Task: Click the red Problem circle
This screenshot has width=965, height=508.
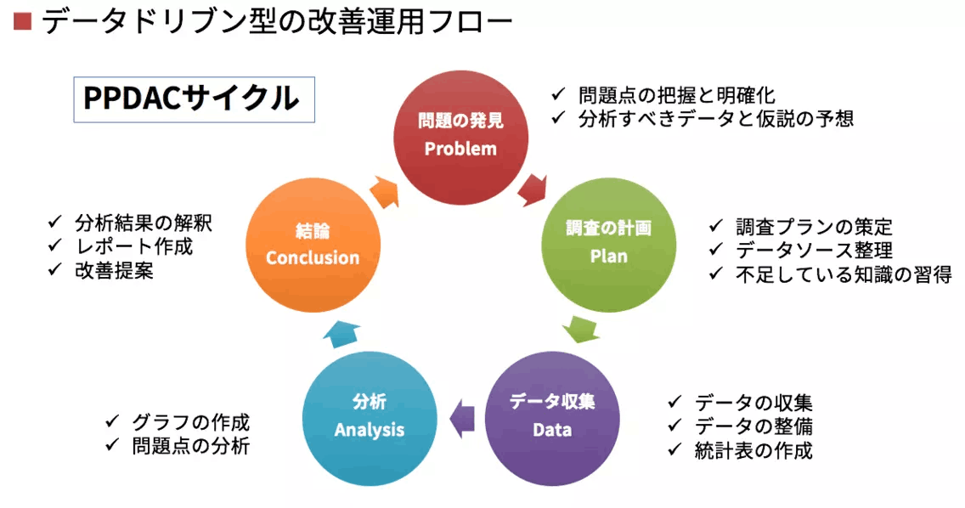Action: [x=461, y=138]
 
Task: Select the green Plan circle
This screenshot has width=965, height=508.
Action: [x=609, y=245]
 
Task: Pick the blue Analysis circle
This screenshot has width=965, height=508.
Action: [x=370, y=419]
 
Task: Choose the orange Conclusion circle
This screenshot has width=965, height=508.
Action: [x=313, y=245]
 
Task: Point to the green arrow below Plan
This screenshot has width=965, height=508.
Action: [x=581, y=330]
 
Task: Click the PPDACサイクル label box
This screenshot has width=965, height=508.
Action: [x=194, y=99]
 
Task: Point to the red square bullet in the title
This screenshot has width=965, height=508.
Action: [x=22, y=22]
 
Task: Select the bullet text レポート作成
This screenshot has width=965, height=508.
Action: [x=133, y=247]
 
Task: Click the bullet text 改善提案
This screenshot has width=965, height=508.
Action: [x=114, y=271]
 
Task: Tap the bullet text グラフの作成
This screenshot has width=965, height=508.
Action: [x=191, y=422]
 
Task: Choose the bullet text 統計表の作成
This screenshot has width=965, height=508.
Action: [x=753, y=451]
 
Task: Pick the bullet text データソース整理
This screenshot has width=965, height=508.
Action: [x=814, y=251]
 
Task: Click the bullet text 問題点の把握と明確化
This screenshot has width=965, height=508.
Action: [x=676, y=95]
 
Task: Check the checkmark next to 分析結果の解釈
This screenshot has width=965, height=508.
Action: [x=55, y=221]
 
